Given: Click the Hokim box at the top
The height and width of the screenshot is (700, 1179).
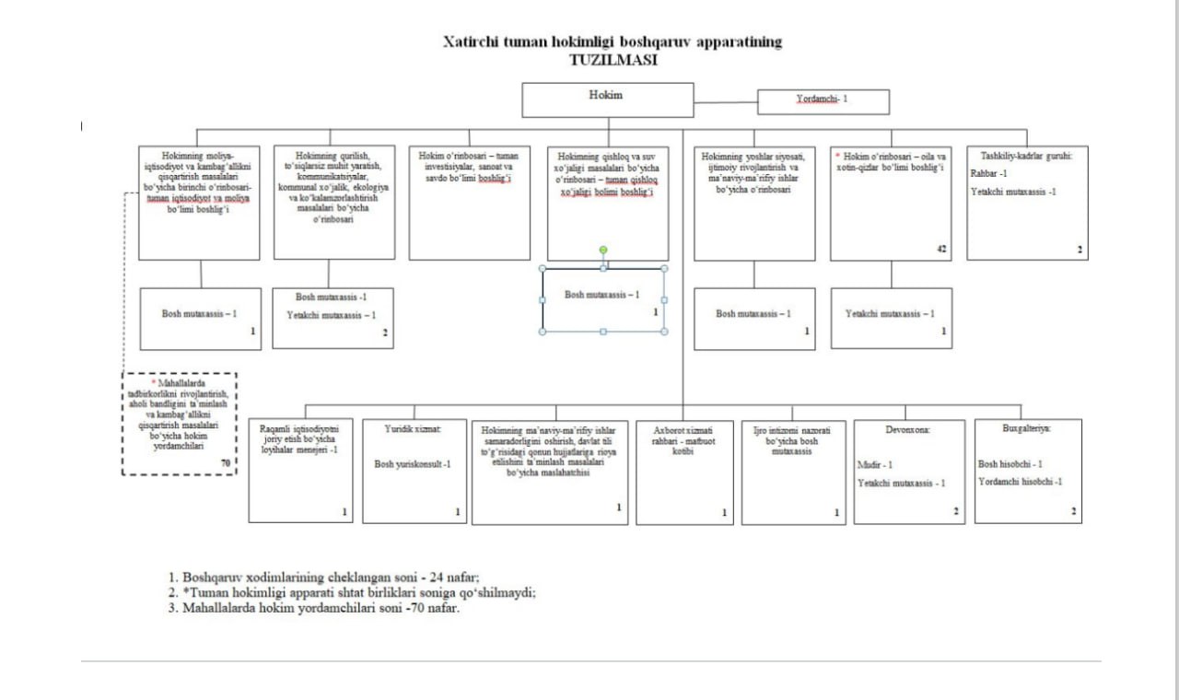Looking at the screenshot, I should tap(607, 99).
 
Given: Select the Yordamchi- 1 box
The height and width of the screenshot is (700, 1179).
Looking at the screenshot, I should tap(823, 100).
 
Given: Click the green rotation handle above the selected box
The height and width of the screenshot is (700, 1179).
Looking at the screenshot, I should tap(603, 250).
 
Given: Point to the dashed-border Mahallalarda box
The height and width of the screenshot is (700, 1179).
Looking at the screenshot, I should tap(180, 423).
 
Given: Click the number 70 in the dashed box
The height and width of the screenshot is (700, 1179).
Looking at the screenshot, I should tap(226, 462).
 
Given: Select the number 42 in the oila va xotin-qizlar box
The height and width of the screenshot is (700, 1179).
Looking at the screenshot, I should tap(941, 249).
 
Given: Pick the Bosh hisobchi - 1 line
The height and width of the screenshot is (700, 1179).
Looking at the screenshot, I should tap(1010, 464).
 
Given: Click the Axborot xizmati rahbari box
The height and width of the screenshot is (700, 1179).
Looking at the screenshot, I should tap(684, 471).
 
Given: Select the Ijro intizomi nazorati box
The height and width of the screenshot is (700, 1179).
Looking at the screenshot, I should tap(793, 471).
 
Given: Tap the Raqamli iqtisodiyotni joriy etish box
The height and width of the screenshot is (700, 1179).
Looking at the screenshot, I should tap(300, 470).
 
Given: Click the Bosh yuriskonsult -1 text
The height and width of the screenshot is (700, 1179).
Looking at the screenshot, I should tap(412, 464).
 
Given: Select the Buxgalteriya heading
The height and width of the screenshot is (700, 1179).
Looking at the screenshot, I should tap(1027, 428).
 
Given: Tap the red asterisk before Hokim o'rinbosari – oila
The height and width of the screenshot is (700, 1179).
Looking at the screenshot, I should tap(837, 156).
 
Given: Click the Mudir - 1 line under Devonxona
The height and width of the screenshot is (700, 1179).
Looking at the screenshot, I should tap(875, 465).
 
